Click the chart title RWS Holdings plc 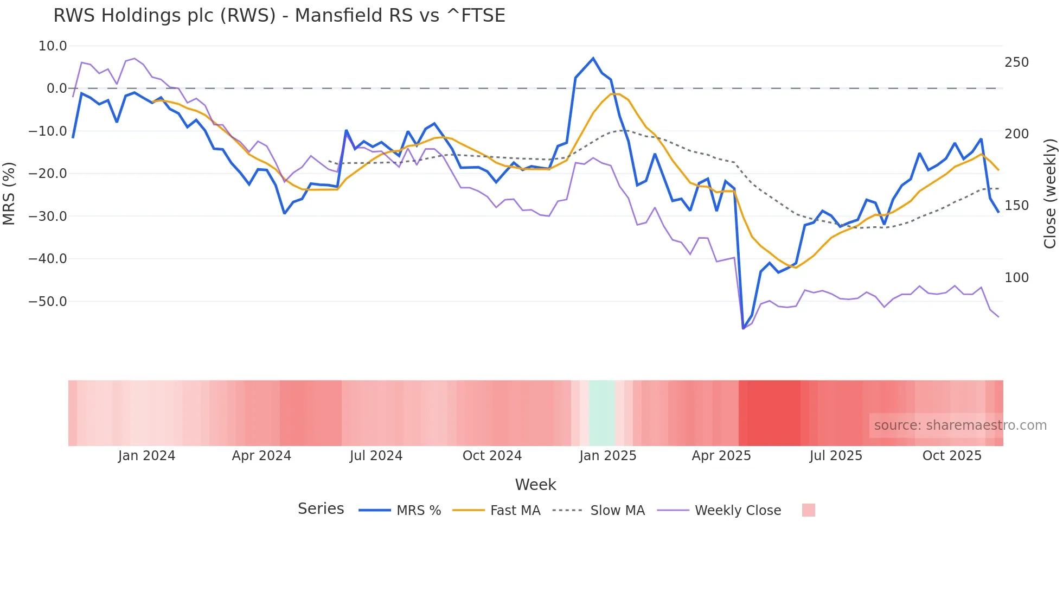(279, 16)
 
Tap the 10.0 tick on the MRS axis (53, 46)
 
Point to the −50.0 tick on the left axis (48, 301)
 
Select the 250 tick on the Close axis (1016, 62)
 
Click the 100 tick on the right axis (1016, 278)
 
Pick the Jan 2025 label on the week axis (607, 456)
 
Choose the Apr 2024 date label (261, 456)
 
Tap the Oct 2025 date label (952, 456)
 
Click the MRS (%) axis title (9, 193)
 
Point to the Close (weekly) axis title (1050, 193)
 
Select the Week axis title (535, 485)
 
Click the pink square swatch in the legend (808, 510)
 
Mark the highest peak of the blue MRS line (593, 58)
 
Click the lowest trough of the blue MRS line (743, 328)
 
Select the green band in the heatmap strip (602, 413)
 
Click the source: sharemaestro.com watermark (960, 425)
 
